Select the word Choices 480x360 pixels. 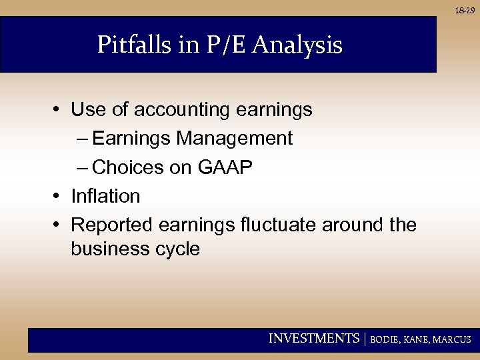129,167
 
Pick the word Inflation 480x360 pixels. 105,196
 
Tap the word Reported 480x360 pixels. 112,225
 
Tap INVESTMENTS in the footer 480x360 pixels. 313,339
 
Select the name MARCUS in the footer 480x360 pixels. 452,339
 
